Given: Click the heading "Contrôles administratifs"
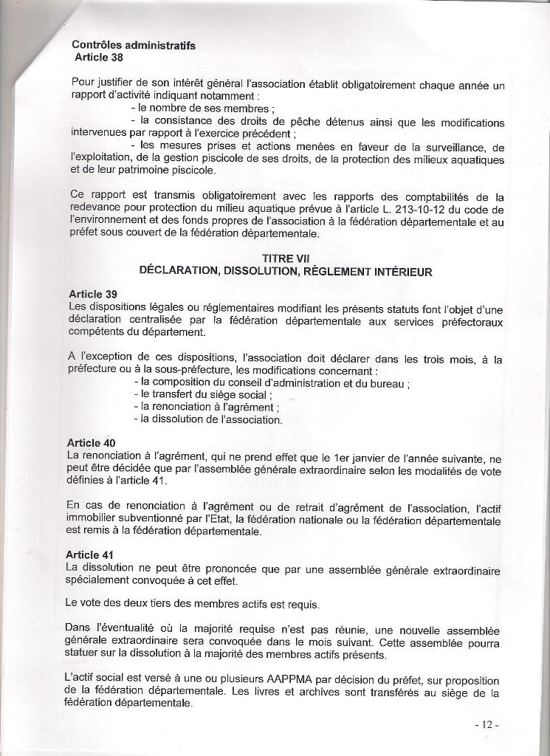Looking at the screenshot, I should [x=134, y=45].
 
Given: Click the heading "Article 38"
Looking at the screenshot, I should [x=99, y=57].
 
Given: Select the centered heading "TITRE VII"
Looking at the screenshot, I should [x=284, y=258].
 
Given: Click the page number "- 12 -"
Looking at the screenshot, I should [x=487, y=724].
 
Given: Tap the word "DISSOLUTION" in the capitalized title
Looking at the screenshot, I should [x=264, y=271].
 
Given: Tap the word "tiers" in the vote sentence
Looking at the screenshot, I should [x=149, y=603].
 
